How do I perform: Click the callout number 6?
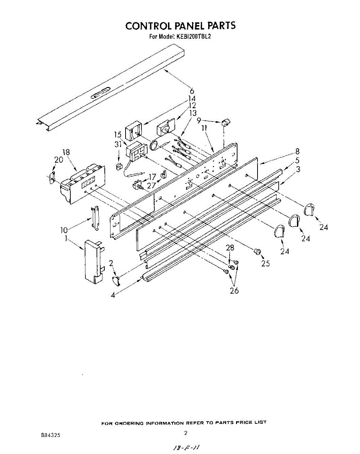pos(192,91)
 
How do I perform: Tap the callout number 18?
pos(66,152)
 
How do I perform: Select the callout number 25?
pos(265,263)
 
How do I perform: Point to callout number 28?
pos(230,248)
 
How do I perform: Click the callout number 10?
pos(65,230)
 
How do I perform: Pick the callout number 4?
pos(113,295)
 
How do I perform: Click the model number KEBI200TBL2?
pos(193,37)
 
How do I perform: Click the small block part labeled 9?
pos(227,122)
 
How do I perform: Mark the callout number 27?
pos(151,185)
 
